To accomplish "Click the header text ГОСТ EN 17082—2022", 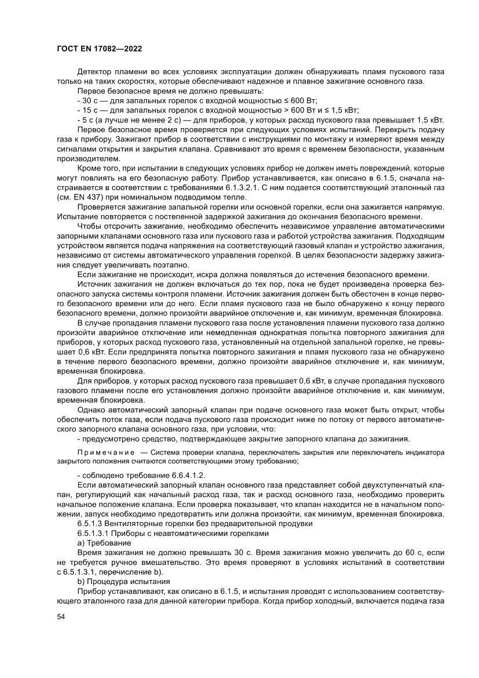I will [x=100, y=49].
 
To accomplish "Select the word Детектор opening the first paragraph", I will [x=94, y=72].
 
